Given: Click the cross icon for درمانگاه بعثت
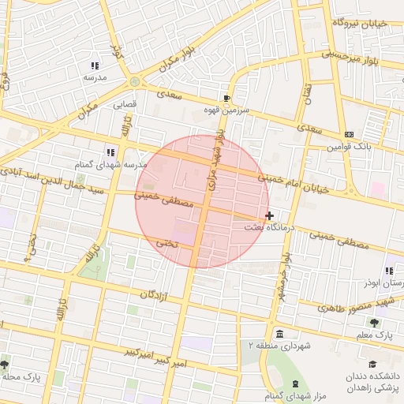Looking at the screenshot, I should pos(270,215).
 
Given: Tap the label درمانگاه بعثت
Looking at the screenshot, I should pos(271,227).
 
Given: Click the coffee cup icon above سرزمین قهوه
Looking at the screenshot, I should pos(227,98).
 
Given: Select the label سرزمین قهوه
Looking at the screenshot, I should pos(228,110).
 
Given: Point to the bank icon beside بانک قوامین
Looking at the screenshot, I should pos(350,134).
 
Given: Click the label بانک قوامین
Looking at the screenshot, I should pos(350,147).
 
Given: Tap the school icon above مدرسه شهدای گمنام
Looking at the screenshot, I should pos(110,151).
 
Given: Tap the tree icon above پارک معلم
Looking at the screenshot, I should pos(375,322).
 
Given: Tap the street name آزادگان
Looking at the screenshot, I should pos(156,295).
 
